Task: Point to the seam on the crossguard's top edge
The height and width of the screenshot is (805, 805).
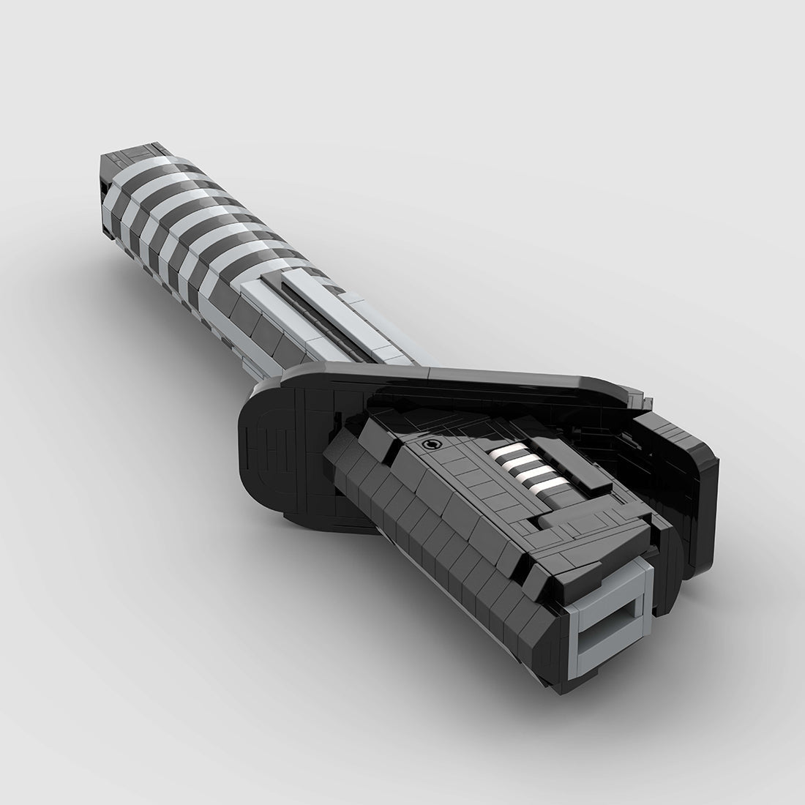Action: tap(428, 372)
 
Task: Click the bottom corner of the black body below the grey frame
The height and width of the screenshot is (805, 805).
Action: tap(563, 684)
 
